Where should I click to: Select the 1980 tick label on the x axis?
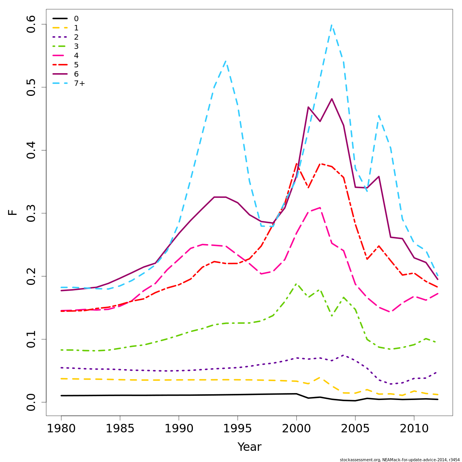pos(61,428)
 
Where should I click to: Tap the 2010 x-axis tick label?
pos(414,428)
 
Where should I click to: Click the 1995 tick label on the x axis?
pos(238,428)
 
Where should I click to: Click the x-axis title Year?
pos(249,447)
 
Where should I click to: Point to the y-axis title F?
pos(13,212)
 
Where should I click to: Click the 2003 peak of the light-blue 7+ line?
pos(331,25)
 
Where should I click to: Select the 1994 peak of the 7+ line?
pos(226,62)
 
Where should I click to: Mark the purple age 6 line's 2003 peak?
pos(331,99)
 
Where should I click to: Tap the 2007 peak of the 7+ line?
pos(379,115)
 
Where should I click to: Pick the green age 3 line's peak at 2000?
pos(296,284)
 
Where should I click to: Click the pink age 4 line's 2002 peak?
pos(320,208)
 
